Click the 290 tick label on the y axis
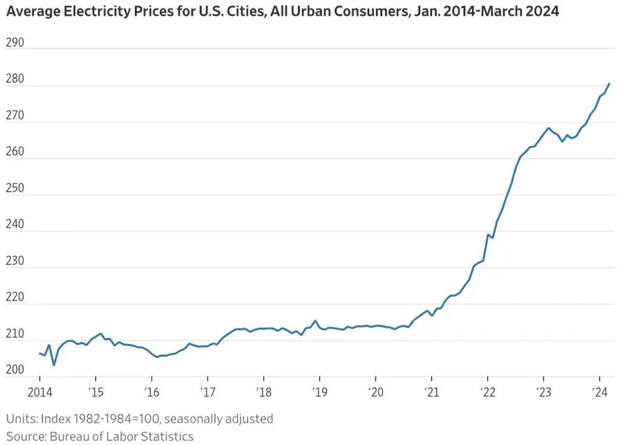coord(15,43)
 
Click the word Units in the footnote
coord(20,419)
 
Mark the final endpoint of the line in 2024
coord(609,84)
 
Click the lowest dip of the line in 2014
coord(54,365)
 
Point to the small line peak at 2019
coord(315,320)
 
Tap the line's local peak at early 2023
coord(548,128)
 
